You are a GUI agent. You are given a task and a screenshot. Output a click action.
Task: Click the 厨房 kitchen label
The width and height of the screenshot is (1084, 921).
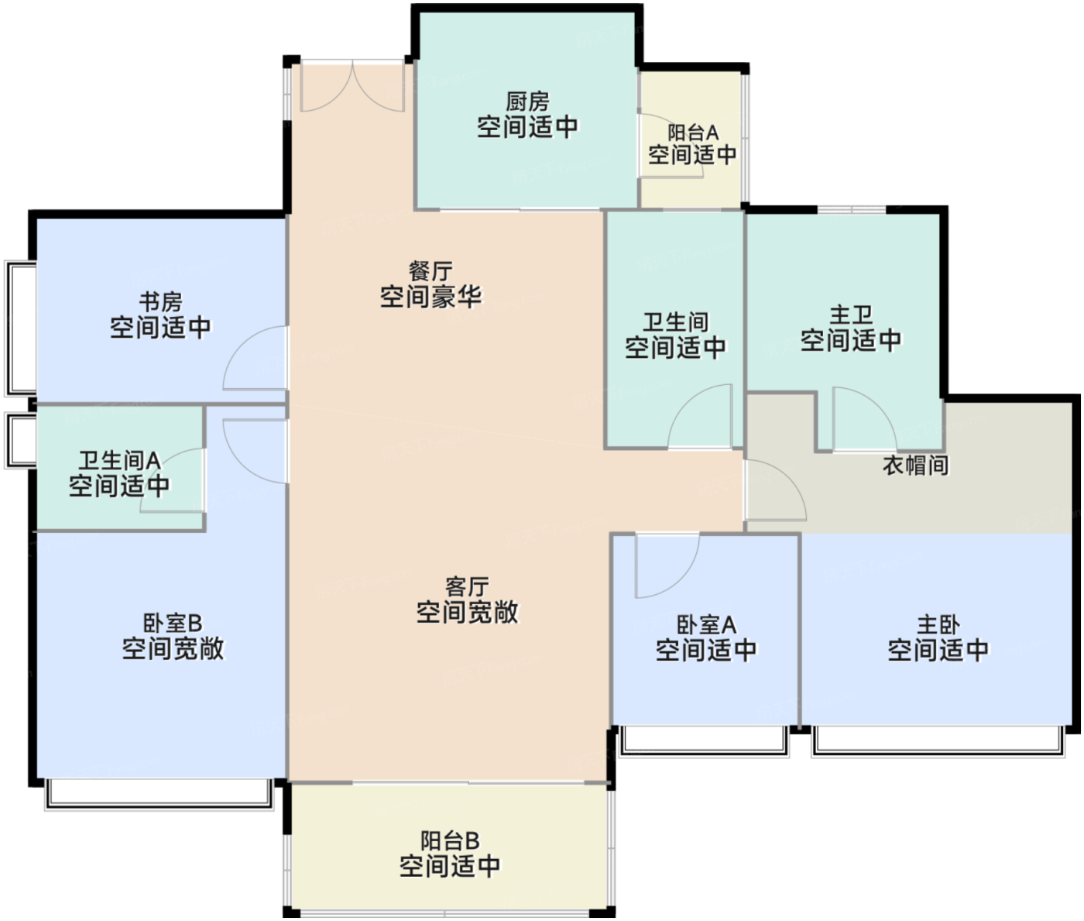tap(527, 101)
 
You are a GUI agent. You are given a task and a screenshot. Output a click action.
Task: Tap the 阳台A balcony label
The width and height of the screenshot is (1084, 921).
tap(693, 132)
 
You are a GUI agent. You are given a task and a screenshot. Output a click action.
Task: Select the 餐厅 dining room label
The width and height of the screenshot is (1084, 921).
tap(430, 271)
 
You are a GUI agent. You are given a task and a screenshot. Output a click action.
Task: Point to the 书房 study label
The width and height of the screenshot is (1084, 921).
tap(160, 302)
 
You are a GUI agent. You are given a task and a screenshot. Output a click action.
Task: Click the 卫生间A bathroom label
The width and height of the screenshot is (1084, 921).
tap(119, 461)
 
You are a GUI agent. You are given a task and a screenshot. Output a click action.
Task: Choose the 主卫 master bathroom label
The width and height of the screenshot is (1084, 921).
tap(851, 315)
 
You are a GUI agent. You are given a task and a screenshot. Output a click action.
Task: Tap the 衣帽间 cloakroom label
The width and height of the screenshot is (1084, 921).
tap(916, 465)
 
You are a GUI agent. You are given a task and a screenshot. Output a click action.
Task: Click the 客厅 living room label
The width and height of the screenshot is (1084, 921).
tap(467, 586)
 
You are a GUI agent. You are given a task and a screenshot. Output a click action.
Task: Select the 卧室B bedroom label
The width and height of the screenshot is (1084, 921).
tap(173, 624)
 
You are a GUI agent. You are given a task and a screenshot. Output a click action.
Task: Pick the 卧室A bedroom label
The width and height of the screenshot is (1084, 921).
tap(706, 625)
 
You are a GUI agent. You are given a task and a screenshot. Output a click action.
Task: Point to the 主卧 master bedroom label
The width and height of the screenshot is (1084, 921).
tap(938, 625)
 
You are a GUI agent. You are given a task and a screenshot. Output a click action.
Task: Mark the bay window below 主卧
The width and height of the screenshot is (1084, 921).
tap(938, 741)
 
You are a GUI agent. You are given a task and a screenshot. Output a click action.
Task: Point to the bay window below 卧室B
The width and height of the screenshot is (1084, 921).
tap(159, 794)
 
